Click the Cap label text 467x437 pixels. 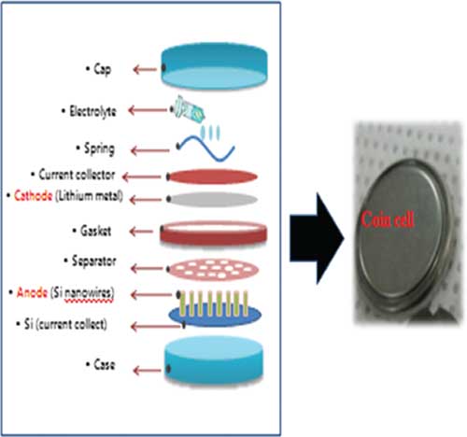(102, 69)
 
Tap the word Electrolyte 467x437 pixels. (92, 111)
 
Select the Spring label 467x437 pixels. (99, 149)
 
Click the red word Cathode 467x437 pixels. (33, 196)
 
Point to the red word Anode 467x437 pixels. (32, 292)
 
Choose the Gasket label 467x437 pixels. (95, 231)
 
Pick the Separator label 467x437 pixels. (93, 261)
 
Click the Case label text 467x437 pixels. (104, 364)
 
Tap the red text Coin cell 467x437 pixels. (388, 219)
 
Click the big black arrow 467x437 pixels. (317, 238)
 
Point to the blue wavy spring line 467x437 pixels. (205, 148)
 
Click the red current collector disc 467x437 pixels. (212, 176)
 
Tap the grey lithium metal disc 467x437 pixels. (213, 199)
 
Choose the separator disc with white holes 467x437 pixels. (213, 269)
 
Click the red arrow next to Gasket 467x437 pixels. (141, 232)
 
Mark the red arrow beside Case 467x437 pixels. (147, 371)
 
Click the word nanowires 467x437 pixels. (89, 294)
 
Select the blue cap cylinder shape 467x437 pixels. (214, 66)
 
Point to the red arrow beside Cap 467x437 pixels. (145, 69)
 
